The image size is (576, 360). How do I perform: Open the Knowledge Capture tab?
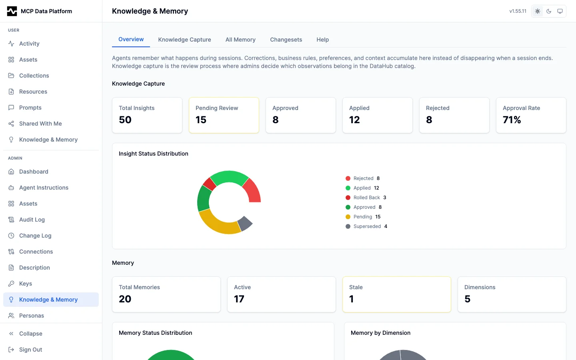click(x=184, y=40)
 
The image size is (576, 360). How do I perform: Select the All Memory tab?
click(x=240, y=40)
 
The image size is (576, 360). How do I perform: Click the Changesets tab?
click(x=286, y=40)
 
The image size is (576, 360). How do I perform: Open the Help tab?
click(x=322, y=40)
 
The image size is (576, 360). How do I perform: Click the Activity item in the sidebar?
click(x=29, y=44)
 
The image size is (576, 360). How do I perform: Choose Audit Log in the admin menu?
click(x=32, y=220)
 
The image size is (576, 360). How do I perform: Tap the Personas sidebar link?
click(x=32, y=316)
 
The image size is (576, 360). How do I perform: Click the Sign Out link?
click(x=30, y=350)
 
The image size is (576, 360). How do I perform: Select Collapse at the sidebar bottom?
click(x=30, y=334)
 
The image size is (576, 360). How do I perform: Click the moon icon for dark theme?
click(x=549, y=11)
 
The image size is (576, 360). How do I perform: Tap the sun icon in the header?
click(x=538, y=11)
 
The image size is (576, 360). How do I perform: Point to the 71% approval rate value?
click(x=512, y=120)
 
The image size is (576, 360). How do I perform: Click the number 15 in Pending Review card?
click(x=201, y=120)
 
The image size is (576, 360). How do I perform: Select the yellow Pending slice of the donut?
click(x=216, y=224)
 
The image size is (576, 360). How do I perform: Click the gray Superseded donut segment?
click(x=245, y=223)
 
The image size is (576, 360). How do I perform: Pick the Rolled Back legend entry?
click(x=366, y=198)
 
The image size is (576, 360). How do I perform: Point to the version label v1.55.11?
click(x=518, y=11)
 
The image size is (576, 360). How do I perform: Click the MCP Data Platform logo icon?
click(x=12, y=11)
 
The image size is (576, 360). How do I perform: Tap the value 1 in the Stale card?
click(x=351, y=299)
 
